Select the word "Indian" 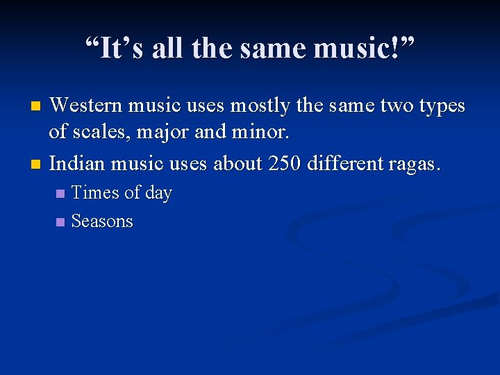[76, 163]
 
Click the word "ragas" [415, 165]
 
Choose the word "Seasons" [102, 222]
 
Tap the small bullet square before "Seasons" [60, 222]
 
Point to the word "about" [238, 163]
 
